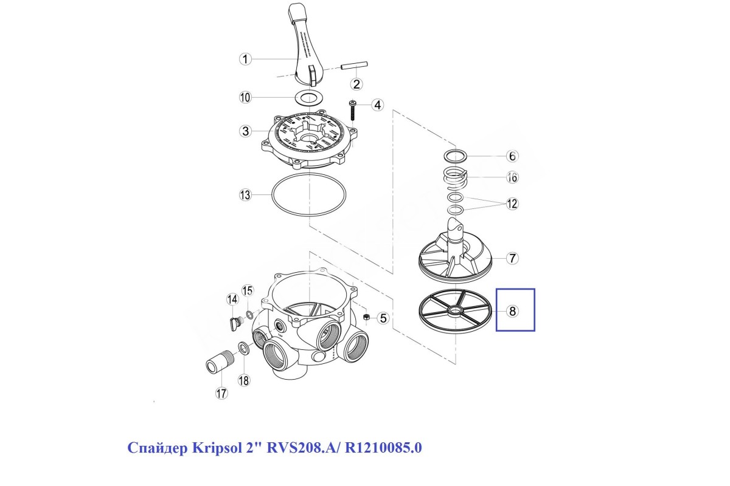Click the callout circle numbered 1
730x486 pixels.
[245, 59]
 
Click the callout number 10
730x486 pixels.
[245, 97]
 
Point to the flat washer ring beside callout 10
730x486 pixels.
[310, 97]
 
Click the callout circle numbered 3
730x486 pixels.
[245, 131]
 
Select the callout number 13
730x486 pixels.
[245, 195]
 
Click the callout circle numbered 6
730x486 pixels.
[512, 156]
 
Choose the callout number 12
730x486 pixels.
[512, 204]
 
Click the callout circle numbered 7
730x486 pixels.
[512, 258]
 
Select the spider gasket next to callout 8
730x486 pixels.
[454, 311]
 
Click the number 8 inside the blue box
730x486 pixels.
[512, 311]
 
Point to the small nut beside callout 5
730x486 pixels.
[367, 318]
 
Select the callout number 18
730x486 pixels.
[244, 381]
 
